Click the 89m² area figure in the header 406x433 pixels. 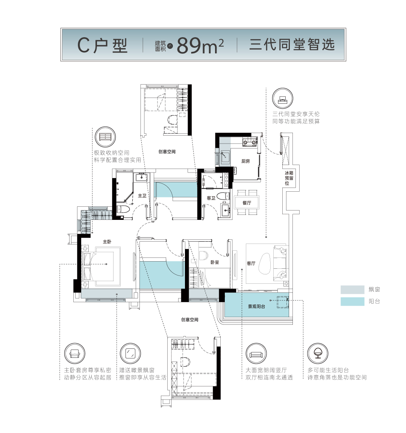[x=200, y=45]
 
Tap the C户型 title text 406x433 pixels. [x=102, y=45]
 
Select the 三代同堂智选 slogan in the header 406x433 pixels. [x=292, y=45]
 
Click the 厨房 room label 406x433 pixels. [x=245, y=161]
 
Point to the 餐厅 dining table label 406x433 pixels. [x=247, y=203]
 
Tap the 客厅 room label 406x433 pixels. [x=251, y=263]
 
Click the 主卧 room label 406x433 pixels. [x=107, y=242]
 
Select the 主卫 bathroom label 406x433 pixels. [x=142, y=196]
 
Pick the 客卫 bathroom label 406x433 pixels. [x=211, y=198]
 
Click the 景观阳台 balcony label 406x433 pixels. [x=256, y=306]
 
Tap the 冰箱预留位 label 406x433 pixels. [x=289, y=178]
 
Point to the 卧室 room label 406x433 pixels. [x=215, y=262]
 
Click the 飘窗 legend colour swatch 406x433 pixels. [x=352, y=289]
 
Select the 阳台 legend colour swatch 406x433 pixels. [x=352, y=301]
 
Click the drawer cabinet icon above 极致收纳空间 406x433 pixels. [x=105, y=137]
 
